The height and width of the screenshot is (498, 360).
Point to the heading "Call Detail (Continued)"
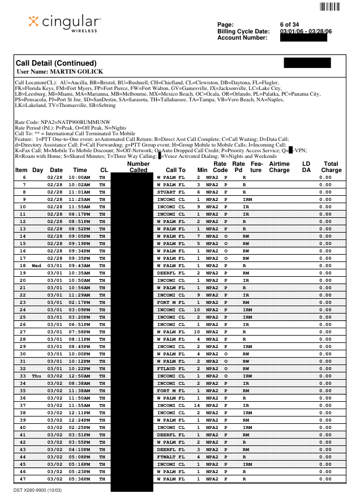[57, 63]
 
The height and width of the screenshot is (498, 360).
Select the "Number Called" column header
[134, 166]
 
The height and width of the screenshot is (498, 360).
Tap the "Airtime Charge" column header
[279, 166]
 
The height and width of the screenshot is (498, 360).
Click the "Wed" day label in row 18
[37, 265]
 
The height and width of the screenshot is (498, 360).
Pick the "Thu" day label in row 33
[37, 376]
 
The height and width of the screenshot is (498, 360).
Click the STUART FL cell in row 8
[170, 192]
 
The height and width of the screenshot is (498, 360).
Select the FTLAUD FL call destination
[170, 368]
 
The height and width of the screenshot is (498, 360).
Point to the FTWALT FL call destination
[170, 457]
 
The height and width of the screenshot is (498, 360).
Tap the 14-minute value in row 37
[198, 405]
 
